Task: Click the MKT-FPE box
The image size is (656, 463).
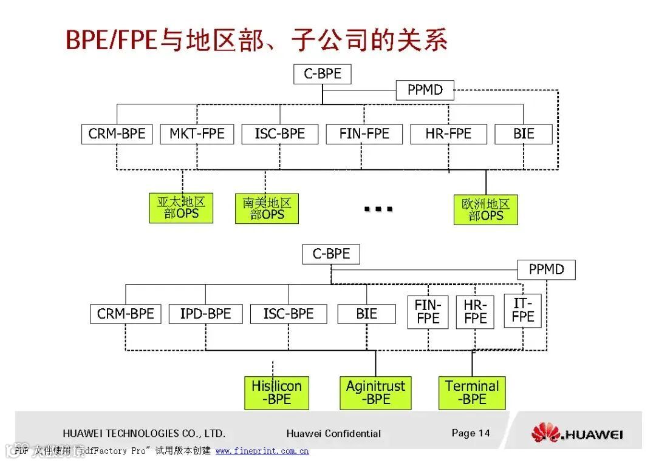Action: [197, 134]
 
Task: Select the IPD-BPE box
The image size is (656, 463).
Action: [205, 314]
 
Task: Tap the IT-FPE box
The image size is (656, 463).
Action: [522, 310]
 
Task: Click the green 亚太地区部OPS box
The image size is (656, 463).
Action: [181, 208]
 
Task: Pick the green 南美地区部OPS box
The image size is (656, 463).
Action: [267, 208]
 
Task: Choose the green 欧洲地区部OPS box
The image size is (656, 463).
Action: [485, 209]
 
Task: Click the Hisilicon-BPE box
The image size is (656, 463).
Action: [276, 393]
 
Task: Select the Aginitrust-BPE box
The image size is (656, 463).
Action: [375, 393]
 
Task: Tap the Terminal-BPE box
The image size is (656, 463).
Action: [472, 393]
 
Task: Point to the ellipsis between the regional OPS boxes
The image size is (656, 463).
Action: [378, 209]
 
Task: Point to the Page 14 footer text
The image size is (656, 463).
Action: [470, 433]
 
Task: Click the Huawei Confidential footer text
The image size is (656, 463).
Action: [333, 433]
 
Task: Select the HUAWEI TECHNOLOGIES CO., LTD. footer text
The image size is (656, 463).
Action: [144, 433]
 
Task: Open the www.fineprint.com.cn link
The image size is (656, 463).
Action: [262, 451]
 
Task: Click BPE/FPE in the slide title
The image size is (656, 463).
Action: [111, 41]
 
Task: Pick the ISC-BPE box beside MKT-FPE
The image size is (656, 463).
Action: [279, 134]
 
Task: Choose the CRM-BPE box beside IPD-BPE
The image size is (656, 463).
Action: [126, 314]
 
